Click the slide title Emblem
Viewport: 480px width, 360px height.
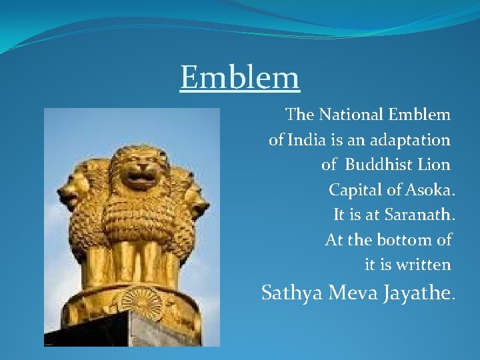point(240,78)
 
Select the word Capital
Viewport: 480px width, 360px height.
point(355,190)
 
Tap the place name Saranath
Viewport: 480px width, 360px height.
point(419,215)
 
